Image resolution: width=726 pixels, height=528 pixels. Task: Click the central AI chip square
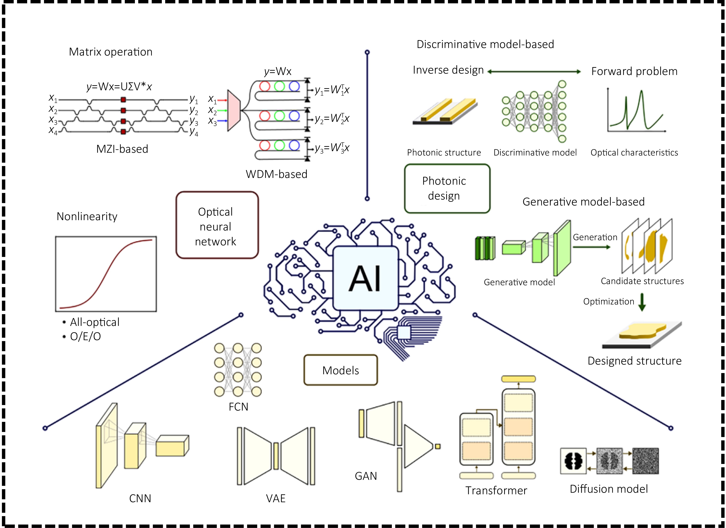pyautogui.click(x=365, y=278)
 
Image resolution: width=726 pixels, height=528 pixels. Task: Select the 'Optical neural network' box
pyautogui.click(x=217, y=225)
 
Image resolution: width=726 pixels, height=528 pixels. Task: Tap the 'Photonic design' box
pyautogui.click(x=447, y=189)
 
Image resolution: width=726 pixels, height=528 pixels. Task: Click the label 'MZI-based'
pyautogui.click(x=122, y=149)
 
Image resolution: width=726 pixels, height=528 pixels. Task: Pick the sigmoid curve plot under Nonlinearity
pyautogui.click(x=106, y=274)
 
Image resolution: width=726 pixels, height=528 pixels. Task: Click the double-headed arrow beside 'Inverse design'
pyautogui.click(x=534, y=72)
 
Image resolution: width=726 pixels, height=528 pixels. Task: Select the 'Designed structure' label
pyautogui.click(x=634, y=361)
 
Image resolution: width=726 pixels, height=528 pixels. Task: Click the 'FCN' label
pyautogui.click(x=238, y=407)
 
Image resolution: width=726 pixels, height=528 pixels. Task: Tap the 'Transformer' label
pyautogui.click(x=496, y=491)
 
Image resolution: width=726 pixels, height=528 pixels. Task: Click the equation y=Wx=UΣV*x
pyautogui.click(x=119, y=86)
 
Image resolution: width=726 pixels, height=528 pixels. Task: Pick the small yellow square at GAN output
pyautogui.click(x=438, y=446)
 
